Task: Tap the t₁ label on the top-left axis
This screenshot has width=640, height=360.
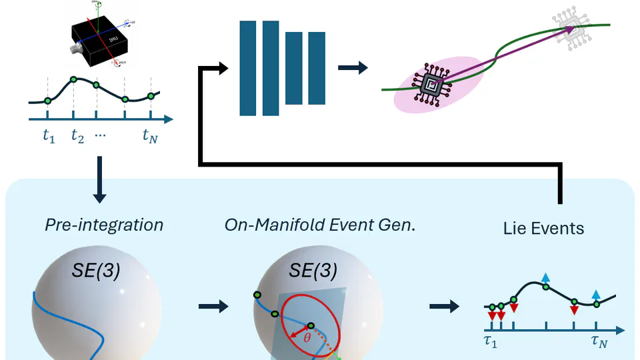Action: [47, 137]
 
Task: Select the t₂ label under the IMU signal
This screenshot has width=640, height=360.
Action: [77, 137]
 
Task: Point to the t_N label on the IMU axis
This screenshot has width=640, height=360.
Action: [150, 137]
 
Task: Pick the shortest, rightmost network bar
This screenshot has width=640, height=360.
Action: [316, 67]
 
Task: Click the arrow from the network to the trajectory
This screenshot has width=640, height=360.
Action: [352, 67]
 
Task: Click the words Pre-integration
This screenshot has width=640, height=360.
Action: [104, 225]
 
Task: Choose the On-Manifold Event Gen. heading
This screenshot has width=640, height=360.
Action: [320, 225]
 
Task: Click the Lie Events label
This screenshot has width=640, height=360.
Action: [543, 229]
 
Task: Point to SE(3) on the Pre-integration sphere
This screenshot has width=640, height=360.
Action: [96, 272]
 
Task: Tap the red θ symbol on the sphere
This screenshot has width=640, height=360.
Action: [307, 338]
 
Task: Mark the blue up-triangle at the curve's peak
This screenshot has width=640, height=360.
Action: [545, 277]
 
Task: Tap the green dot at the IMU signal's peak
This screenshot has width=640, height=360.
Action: [73, 79]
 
